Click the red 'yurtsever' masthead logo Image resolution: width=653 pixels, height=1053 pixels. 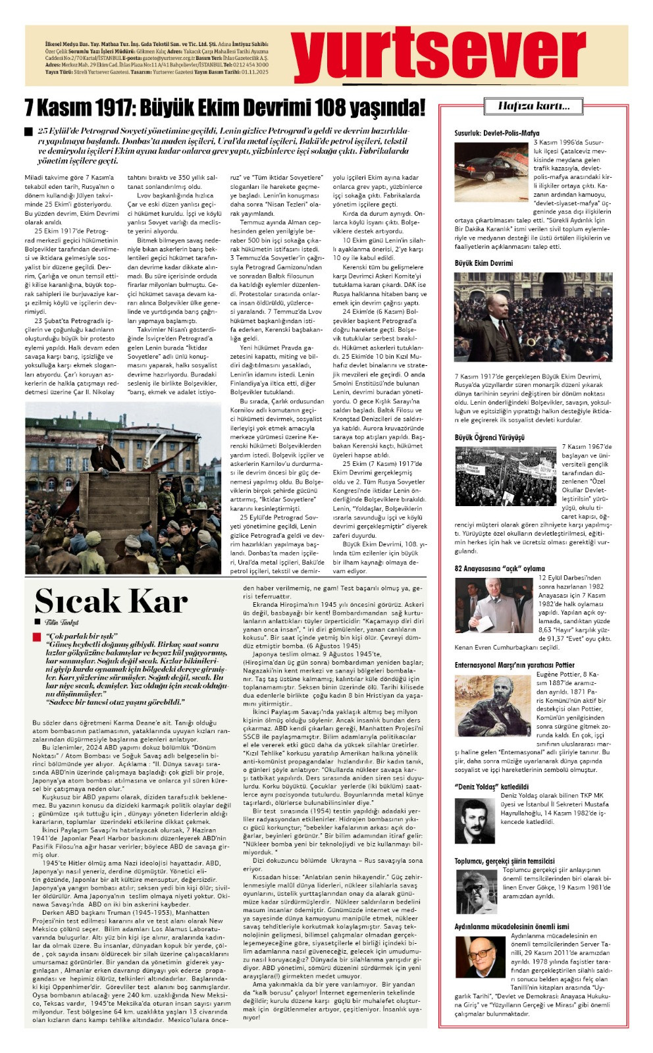[438, 55]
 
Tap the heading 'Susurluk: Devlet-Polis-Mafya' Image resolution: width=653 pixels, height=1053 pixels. [496, 133]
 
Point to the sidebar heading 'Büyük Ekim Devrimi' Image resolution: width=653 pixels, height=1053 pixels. [483, 263]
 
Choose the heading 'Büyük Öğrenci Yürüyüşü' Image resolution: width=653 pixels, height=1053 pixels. [489, 437]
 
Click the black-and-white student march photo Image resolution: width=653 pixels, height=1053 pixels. [506, 475]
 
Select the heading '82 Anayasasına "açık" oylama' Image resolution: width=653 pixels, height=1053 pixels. [499, 568]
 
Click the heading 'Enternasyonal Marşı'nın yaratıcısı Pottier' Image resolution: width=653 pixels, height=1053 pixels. [514, 665]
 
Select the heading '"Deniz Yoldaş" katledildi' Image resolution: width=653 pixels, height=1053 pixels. [491, 786]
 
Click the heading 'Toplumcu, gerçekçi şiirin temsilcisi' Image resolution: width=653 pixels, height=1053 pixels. [504, 861]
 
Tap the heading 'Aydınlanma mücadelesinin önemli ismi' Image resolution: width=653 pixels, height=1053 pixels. [511, 927]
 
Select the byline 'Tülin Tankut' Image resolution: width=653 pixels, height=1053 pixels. [61, 622]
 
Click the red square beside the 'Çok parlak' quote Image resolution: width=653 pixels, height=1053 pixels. [37, 637]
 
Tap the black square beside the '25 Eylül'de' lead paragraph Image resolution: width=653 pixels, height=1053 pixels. [28, 132]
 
